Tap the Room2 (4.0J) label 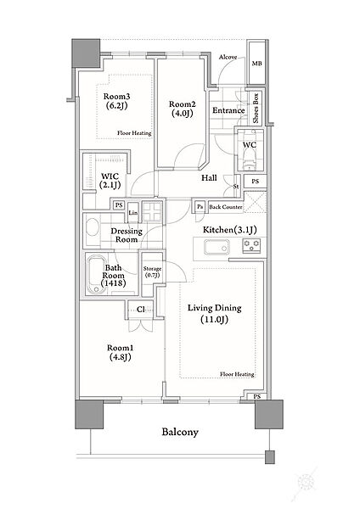point(183,109)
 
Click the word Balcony point(180,432)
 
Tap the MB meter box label point(256,64)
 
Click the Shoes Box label point(256,108)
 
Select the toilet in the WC point(250,160)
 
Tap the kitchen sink point(217,249)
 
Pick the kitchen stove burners point(252,246)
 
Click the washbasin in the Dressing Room point(93,228)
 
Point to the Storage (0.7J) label point(152,272)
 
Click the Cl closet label point(141,310)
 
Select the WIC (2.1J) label point(110,181)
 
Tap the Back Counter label point(226,207)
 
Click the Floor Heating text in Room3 point(134,133)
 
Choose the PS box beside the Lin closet point(119,205)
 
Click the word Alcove point(228,57)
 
